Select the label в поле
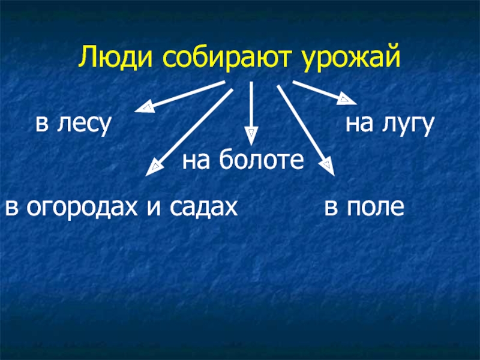coord(364,206)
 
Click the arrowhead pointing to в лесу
coord(144,108)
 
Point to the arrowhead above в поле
coord(326,165)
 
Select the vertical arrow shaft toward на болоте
coord(251,105)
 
